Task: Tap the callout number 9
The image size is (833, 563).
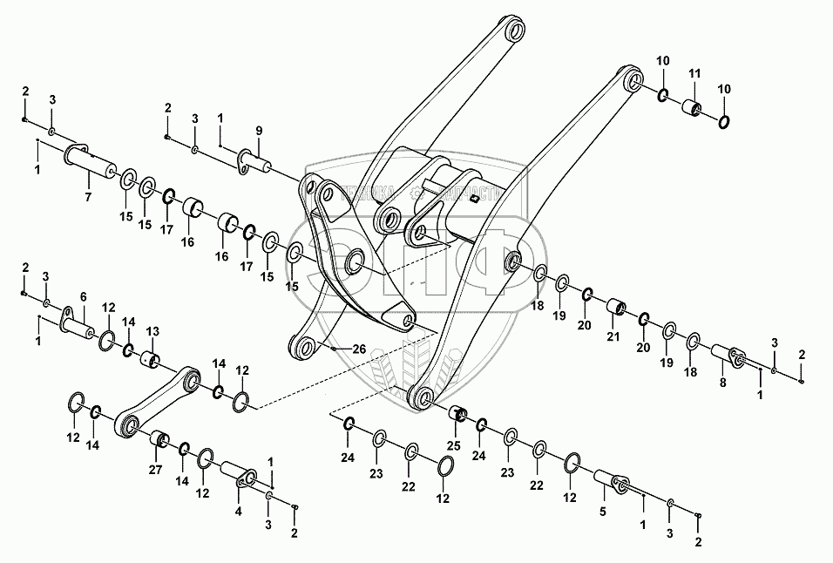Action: [x=259, y=131]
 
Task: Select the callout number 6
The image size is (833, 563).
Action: [x=85, y=296]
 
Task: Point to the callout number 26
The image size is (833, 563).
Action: [x=359, y=349]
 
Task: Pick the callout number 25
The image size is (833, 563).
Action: [x=454, y=445]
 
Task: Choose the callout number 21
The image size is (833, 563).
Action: [x=613, y=337]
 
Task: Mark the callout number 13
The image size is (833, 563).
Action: [x=152, y=331]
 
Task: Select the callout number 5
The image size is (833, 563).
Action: [x=602, y=512]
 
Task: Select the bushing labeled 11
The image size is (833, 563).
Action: [x=692, y=109]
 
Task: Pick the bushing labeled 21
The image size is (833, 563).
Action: [x=615, y=308]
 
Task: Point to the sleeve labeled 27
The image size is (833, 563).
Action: [x=158, y=438]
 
